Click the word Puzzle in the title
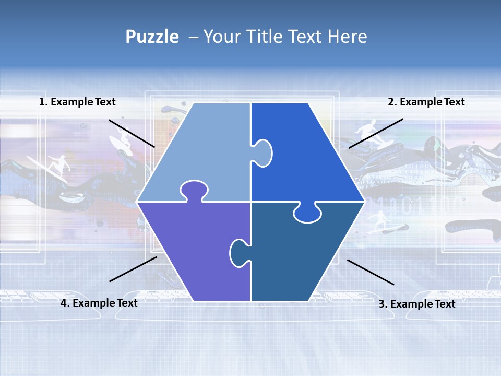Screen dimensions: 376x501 pyautogui.click(x=152, y=37)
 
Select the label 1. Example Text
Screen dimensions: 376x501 pyautogui.click(x=77, y=102)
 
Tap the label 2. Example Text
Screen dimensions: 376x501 pyautogui.click(x=426, y=102)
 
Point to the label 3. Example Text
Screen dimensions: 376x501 pyautogui.click(x=416, y=304)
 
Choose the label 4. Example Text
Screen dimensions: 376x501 pyautogui.click(x=99, y=303)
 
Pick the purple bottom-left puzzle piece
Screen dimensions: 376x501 pyautogui.click(x=193, y=251)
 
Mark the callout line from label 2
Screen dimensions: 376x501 pyautogui.click(x=376, y=133)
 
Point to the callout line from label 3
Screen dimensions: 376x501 pyautogui.click(x=371, y=272)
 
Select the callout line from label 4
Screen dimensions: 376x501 pyautogui.click(x=133, y=269)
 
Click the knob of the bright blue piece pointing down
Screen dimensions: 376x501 pyautogui.click(x=307, y=213)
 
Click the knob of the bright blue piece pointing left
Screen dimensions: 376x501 pyautogui.click(x=263, y=152)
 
